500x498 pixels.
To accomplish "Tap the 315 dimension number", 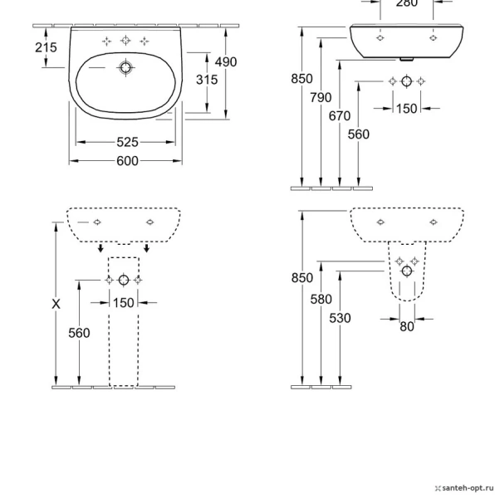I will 206,80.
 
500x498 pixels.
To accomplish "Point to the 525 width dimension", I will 127,142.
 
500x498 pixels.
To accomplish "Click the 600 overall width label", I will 127,161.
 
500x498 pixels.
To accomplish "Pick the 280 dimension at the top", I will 406,4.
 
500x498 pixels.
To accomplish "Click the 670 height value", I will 339,116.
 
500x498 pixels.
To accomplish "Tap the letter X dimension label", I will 56,305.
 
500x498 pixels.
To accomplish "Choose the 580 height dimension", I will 321,300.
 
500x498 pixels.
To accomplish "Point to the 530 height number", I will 340,319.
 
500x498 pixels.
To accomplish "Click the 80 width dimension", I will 406,327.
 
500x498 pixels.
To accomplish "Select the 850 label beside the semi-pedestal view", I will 301,279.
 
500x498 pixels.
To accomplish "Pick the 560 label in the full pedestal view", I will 79,333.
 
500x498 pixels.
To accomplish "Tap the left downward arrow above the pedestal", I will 100,247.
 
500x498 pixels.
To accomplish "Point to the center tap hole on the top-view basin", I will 125,41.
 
